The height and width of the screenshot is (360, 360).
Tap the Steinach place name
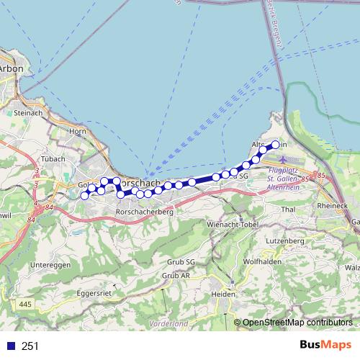pos(27,113)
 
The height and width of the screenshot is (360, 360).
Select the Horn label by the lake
pos(78,131)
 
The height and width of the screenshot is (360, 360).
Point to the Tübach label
pos(54,158)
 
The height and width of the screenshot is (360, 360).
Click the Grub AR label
pos(176,275)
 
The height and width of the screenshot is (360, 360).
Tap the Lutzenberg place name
pos(287,240)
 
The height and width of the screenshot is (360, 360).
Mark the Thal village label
pos(289,210)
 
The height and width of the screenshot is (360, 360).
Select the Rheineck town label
pos(332,206)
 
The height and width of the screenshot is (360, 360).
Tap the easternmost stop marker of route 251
pos(275,145)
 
